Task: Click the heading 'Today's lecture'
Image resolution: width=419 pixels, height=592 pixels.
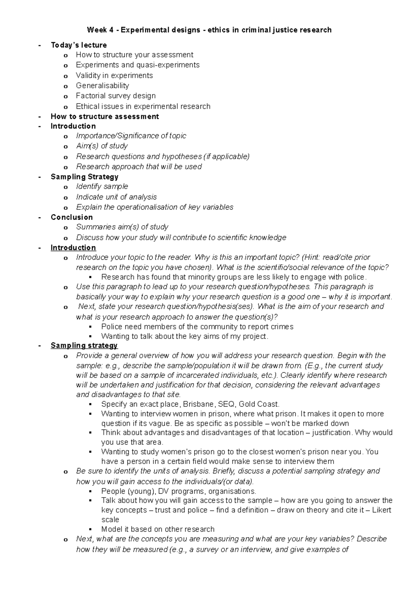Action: [x=79, y=45]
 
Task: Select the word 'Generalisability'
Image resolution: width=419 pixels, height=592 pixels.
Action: [x=102, y=85]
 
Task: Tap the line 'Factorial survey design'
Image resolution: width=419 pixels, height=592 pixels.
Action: [x=116, y=96]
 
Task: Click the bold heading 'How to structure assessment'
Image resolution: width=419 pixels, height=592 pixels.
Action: [x=105, y=116]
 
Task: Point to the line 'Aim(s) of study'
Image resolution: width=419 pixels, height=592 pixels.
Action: [x=102, y=146]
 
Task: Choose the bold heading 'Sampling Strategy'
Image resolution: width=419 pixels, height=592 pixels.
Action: [x=84, y=177]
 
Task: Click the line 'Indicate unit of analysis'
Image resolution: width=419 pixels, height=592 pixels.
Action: [x=116, y=197]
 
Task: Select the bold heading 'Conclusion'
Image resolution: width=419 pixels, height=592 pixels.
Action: [x=72, y=217]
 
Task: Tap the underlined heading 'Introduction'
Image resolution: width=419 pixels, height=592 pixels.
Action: [x=73, y=248]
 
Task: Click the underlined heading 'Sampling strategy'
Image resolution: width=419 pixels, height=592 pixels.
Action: [x=84, y=346]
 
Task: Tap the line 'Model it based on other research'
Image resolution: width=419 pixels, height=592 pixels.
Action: [x=157, y=529]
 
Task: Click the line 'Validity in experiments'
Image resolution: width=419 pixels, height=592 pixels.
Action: [x=114, y=75]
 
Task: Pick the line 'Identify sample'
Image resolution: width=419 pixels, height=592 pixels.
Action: [x=102, y=187]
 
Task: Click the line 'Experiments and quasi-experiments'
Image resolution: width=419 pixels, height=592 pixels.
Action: [x=138, y=65]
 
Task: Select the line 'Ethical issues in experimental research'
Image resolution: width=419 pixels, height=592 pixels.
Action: [x=143, y=106]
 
